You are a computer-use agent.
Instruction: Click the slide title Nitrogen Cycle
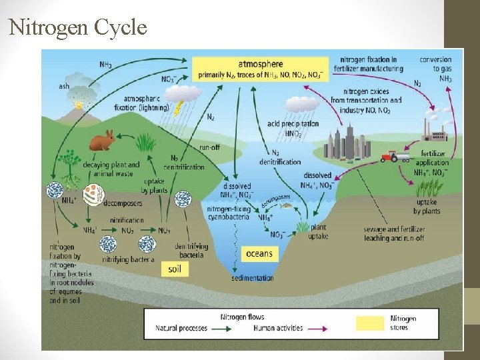(x=77, y=28)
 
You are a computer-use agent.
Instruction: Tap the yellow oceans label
(x=259, y=253)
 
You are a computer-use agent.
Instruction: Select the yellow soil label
(x=175, y=269)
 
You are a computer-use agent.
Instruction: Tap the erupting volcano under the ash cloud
(x=79, y=105)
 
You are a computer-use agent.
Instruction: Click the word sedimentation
(x=253, y=277)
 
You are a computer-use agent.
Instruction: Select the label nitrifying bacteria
(x=127, y=259)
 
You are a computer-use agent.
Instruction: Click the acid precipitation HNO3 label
(x=293, y=128)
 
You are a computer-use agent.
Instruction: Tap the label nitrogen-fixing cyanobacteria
(x=229, y=213)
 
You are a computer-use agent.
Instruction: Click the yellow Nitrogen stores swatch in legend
(x=369, y=323)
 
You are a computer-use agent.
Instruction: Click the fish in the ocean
(x=286, y=205)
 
